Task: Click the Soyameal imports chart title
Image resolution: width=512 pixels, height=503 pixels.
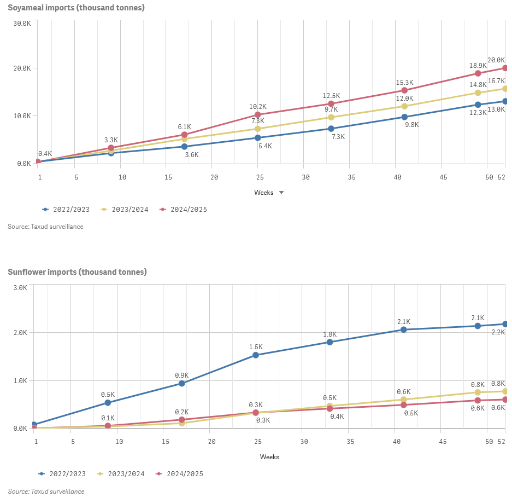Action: [76, 8]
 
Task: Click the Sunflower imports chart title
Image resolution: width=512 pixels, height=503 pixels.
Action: [77, 272]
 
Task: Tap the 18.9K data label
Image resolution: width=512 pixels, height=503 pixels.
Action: [478, 65]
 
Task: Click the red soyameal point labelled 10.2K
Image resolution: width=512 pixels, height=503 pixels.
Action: [258, 115]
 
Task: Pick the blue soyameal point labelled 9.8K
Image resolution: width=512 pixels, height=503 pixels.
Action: [404, 117]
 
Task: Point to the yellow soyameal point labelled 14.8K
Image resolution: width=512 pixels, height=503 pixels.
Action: [478, 92]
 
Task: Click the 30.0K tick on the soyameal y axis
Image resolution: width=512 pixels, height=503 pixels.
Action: [23, 24]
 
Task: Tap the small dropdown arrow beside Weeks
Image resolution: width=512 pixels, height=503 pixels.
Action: [281, 193]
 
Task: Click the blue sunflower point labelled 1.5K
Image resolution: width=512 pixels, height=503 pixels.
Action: [256, 355]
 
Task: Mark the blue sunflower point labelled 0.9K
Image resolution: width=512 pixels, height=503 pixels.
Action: [182, 384]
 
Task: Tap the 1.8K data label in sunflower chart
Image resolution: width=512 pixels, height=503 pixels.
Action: [329, 334]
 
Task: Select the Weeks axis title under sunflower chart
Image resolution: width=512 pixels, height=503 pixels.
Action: [269, 457]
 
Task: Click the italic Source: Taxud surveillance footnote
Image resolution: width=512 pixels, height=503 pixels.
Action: [46, 492]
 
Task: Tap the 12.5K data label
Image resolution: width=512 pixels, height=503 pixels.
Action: [331, 95]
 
